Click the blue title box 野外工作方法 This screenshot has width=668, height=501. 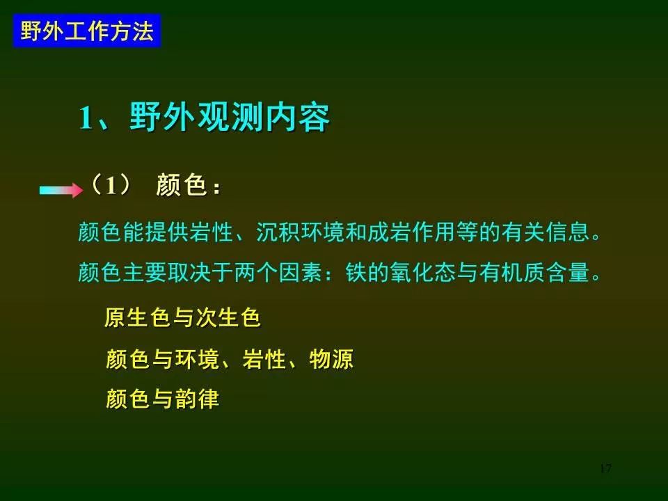[87, 31]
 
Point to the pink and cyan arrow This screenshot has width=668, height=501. [61, 189]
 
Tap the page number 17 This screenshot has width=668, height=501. [605, 468]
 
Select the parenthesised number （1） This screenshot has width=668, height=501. [111, 185]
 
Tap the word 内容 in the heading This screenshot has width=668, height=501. [297, 117]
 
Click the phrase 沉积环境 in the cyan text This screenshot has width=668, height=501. [300, 232]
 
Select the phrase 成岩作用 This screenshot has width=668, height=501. [411, 232]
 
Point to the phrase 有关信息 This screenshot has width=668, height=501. [545, 232]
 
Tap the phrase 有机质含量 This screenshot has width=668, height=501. [534, 272]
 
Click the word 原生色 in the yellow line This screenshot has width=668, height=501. [138, 317]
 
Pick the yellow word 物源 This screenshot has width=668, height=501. [331, 359]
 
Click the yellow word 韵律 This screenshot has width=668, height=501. [197, 399]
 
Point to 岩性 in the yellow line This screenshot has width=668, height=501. [264, 359]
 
